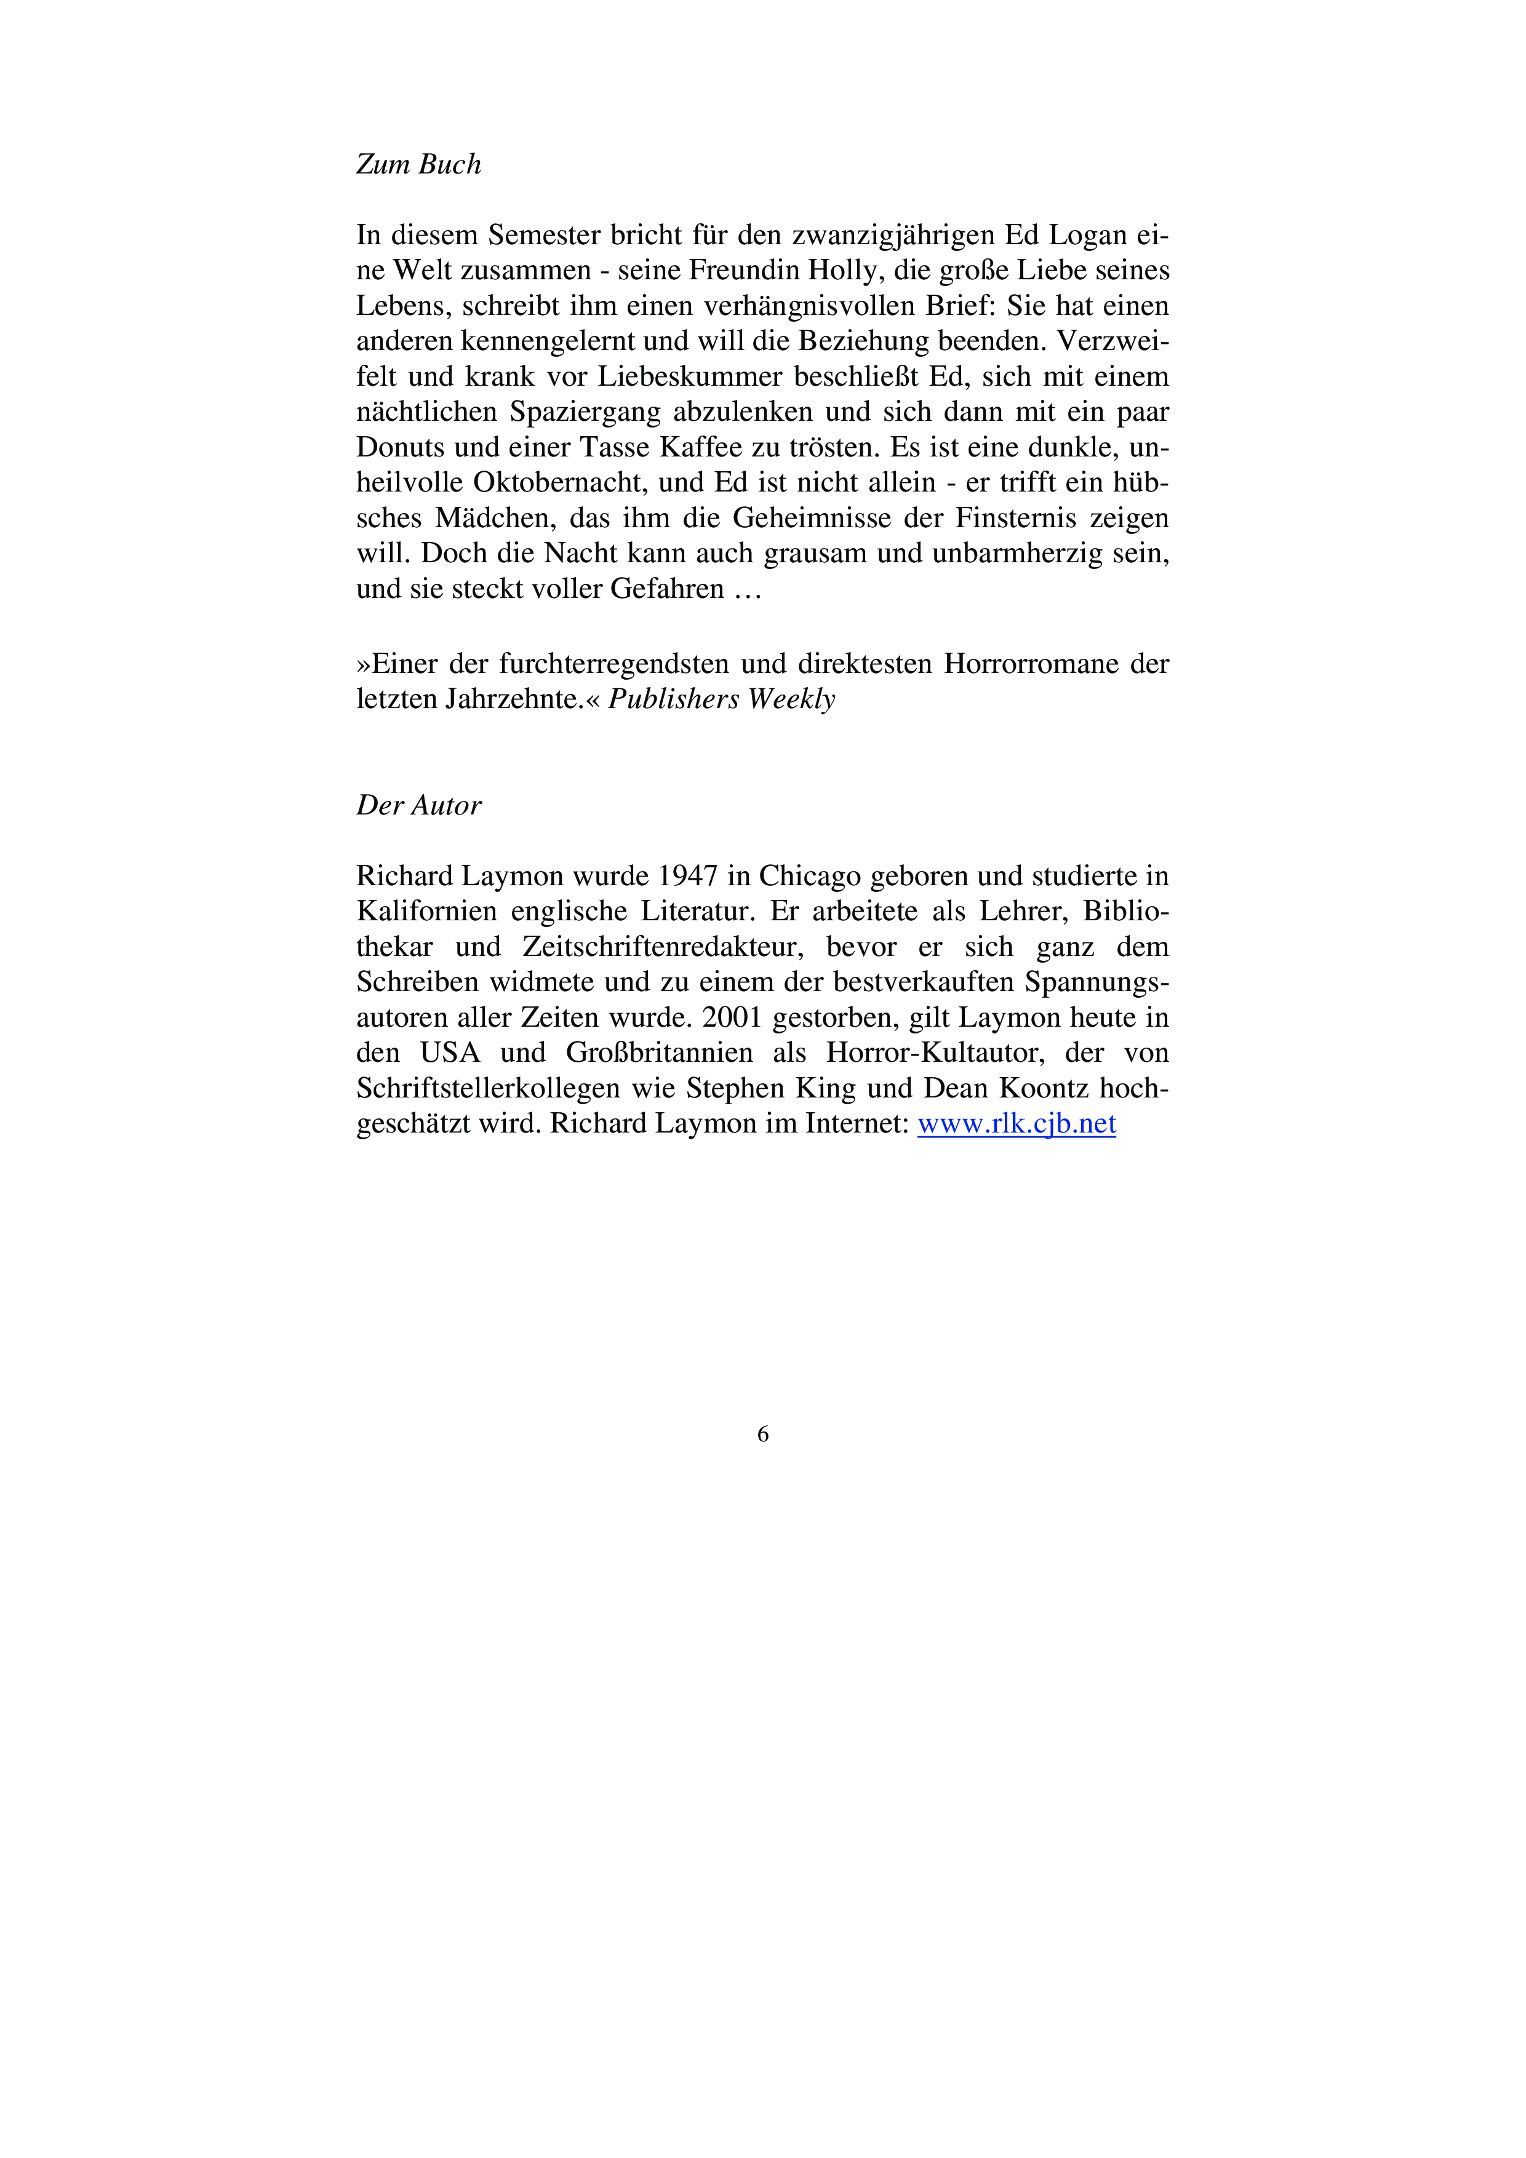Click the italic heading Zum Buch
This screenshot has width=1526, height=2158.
(x=418, y=164)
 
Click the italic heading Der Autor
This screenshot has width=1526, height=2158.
(x=418, y=805)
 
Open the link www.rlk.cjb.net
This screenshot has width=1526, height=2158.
(x=1017, y=1124)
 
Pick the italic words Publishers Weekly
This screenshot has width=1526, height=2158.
(x=721, y=699)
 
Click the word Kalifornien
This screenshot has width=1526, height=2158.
(x=426, y=912)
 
